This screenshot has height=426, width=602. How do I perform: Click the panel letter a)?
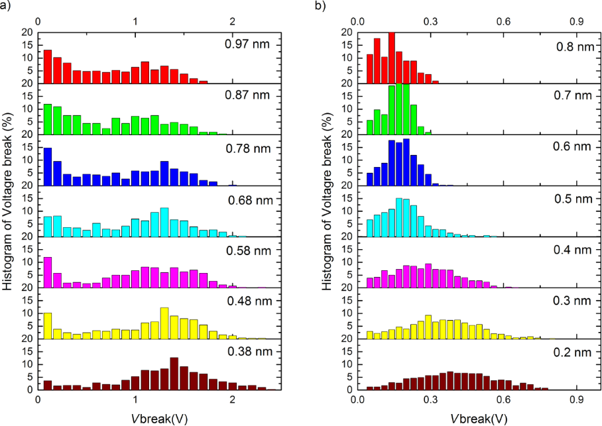pyautogui.click(x=7, y=7)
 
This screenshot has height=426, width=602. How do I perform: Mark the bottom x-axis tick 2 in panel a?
pyautogui.click(x=232, y=400)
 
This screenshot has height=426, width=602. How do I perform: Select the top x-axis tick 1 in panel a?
pyautogui.click(x=135, y=21)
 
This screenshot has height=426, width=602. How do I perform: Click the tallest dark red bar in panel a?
pyautogui.click(x=174, y=374)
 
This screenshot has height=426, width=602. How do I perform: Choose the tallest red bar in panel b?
pyautogui.click(x=392, y=57)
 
